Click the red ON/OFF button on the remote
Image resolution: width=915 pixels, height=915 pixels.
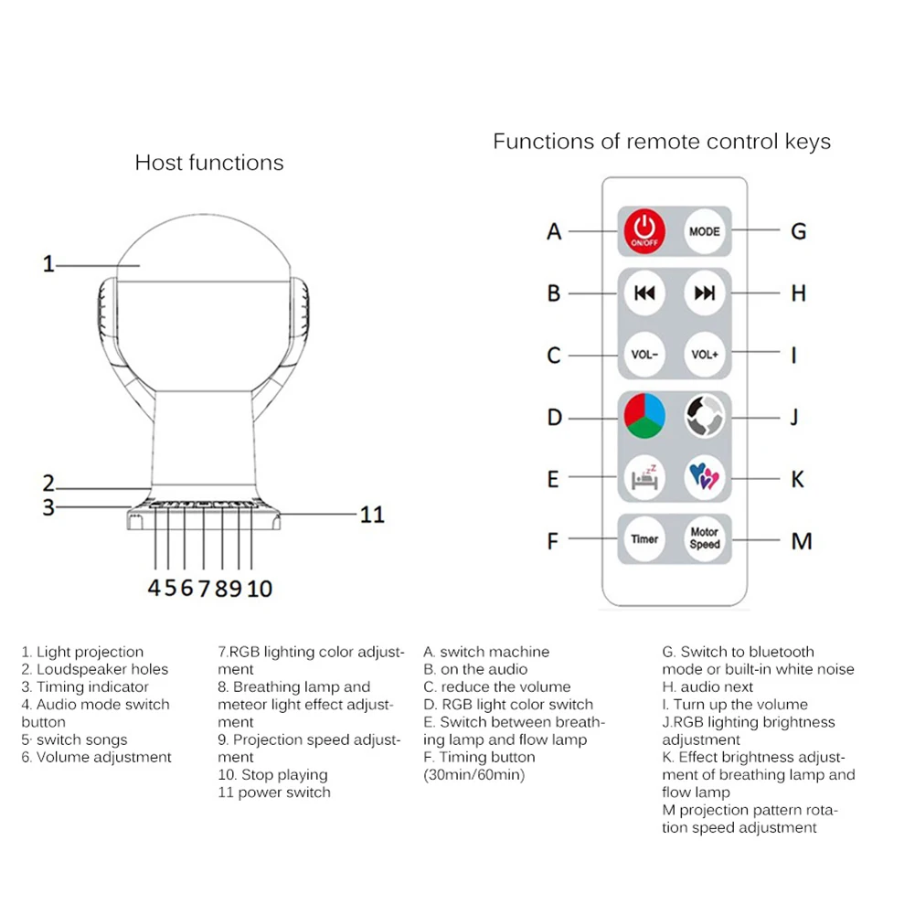pos(645,231)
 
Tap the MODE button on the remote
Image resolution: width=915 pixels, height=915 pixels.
pos(704,231)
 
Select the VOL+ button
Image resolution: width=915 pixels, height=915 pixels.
pos(704,355)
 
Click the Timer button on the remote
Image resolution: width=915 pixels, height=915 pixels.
pos(644,538)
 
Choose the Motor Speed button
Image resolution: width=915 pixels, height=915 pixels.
pos(704,538)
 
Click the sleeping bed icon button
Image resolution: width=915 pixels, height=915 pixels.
pos(645,477)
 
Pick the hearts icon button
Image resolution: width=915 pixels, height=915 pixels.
pos(704,477)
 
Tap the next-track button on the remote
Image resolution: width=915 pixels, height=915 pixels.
pos(704,293)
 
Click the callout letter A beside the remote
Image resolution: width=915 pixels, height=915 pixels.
pos(554,232)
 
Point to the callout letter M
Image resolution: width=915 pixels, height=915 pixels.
pos(801,541)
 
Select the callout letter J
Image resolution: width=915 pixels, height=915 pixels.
pos(795,417)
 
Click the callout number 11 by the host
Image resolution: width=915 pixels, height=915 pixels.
pos(372,514)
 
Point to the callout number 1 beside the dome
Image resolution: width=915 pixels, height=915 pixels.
pos(48,265)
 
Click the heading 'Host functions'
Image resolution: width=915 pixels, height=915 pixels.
pos(209,163)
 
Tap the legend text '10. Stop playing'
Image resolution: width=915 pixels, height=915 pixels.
pos(272,775)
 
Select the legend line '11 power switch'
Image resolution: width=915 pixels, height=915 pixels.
pos(274,793)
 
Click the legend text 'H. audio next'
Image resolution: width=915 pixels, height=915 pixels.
pos(708,686)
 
